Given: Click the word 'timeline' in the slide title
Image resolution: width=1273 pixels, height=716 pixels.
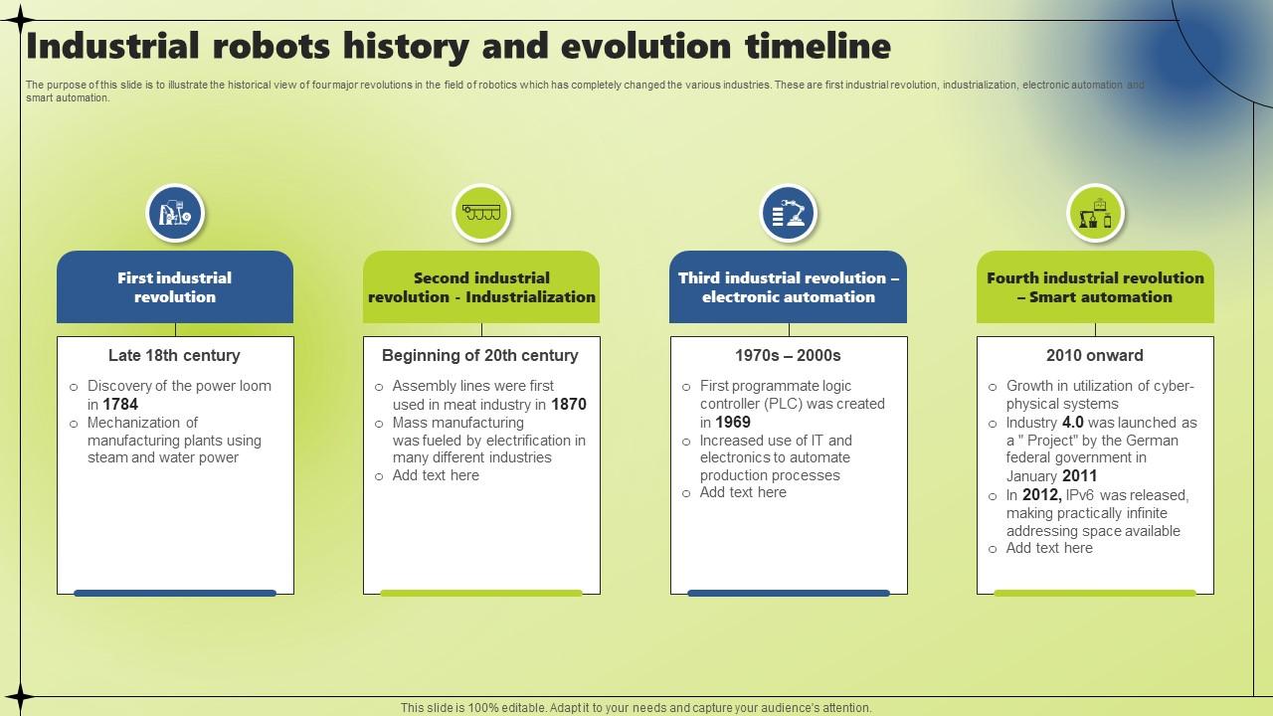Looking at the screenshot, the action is point(818,47).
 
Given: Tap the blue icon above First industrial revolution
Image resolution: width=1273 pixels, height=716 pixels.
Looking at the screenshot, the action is point(175,213).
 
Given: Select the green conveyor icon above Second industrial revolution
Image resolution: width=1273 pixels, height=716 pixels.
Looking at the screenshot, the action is point(481,213).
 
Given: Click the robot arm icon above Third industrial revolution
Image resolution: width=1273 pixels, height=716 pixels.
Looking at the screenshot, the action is point(789,213).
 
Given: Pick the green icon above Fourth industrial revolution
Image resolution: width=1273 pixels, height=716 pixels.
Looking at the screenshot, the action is point(1095,213).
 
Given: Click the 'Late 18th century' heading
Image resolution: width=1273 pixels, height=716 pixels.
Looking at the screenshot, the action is point(174,356).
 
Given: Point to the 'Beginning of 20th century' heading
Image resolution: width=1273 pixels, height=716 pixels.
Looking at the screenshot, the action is point(480,356).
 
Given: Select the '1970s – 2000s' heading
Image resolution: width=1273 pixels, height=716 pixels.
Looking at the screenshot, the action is point(788,356).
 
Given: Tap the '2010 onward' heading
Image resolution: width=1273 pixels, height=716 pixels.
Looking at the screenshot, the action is point(1095,356).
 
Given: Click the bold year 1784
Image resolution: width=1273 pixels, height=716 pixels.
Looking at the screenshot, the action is point(120,405).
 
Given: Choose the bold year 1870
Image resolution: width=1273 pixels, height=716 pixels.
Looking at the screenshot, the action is point(569,405).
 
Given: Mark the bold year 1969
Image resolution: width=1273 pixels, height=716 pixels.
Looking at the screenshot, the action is point(733,423).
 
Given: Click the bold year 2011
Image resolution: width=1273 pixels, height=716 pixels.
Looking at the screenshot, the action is point(1080,476).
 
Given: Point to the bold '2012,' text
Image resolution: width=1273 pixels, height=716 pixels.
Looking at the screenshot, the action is point(1042,495).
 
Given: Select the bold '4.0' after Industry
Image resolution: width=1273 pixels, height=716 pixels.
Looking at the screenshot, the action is point(1073,423).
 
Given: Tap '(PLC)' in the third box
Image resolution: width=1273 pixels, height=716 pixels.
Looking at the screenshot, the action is point(783,404).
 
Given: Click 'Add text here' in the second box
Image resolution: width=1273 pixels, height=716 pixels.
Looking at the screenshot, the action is point(436,475).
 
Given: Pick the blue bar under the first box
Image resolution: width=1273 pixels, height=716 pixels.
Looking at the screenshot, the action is point(175,594).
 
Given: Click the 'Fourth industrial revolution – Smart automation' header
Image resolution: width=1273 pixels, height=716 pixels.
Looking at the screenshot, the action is point(1095,287).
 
